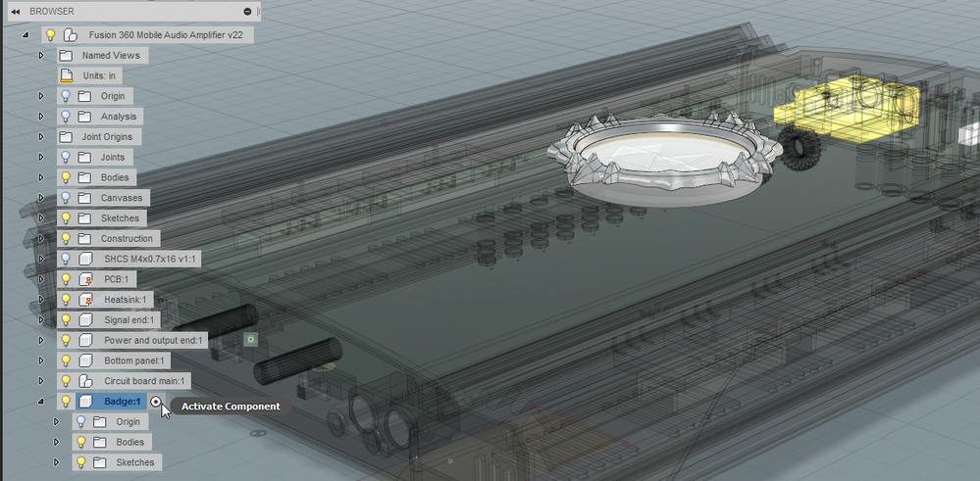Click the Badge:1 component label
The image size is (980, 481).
pyautogui.click(x=122, y=401)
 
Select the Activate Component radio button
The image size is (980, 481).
pyautogui.click(x=156, y=401)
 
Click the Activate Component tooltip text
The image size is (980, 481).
pyautogui.click(x=231, y=407)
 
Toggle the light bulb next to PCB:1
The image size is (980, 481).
pyautogui.click(x=66, y=279)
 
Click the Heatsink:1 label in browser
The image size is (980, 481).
pyautogui.click(x=125, y=300)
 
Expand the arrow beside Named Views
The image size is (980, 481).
pyautogui.click(x=41, y=56)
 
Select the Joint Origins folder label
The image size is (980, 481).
pyautogui.click(x=108, y=136)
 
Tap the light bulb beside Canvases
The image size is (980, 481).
pyautogui.click(x=66, y=198)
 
